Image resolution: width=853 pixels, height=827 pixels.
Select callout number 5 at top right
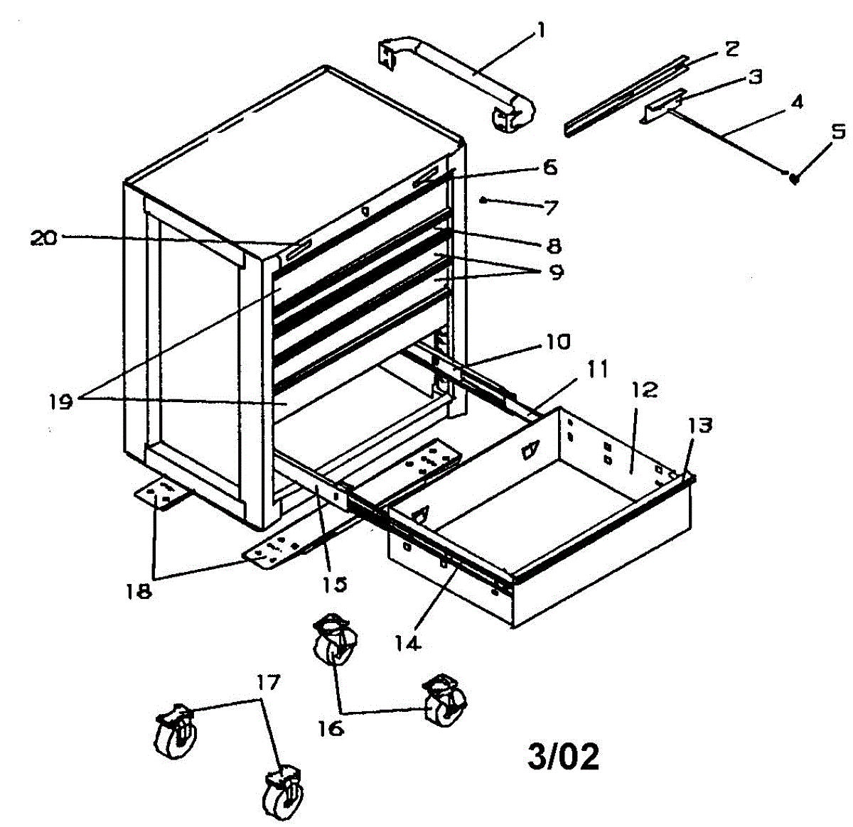pyautogui.click(x=839, y=131)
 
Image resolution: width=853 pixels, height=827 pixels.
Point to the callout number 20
pyautogui.click(x=43, y=238)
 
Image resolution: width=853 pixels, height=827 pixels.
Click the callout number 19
pyautogui.click(x=62, y=402)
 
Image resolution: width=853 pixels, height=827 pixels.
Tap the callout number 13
pyautogui.click(x=700, y=426)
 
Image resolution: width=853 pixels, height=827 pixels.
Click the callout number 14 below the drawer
pyautogui.click(x=408, y=643)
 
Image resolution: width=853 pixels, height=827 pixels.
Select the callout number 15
pyautogui.click(x=335, y=583)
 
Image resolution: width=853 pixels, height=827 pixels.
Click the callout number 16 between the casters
pyautogui.click(x=331, y=728)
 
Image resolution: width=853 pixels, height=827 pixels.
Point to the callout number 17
pyautogui.click(x=268, y=683)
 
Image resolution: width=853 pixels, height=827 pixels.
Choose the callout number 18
pyautogui.click(x=140, y=591)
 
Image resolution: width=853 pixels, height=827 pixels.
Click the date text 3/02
pyautogui.click(x=563, y=757)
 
